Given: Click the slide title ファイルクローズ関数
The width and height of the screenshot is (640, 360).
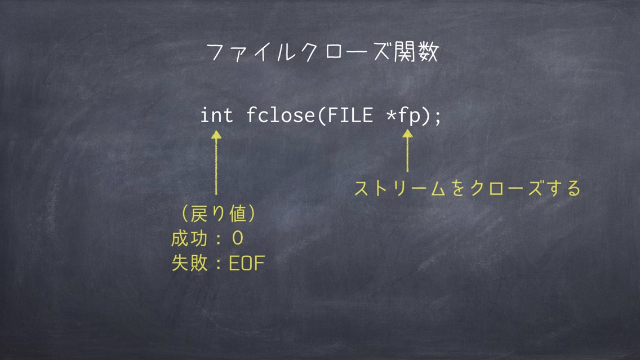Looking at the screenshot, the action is (322, 52).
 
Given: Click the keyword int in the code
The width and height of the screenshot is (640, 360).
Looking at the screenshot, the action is (216, 115).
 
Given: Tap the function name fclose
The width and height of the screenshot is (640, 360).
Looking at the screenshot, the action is (281, 115).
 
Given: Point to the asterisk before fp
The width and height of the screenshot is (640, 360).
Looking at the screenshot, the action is (392, 115).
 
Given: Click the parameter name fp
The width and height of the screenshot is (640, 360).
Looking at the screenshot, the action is (410, 116).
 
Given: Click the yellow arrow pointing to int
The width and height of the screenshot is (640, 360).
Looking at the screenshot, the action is (216, 162).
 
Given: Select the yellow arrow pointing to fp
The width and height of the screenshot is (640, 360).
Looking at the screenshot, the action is (407, 150).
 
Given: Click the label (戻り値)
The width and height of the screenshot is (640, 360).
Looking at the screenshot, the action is (219, 214).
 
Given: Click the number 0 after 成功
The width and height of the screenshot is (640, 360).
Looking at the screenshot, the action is (238, 239).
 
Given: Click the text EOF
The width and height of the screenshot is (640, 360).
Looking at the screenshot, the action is (247, 263).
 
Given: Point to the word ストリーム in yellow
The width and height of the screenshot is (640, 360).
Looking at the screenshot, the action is (400, 189).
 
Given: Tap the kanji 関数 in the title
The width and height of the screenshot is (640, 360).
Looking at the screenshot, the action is (416, 52).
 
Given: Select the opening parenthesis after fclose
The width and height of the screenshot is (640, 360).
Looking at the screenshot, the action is (321, 115).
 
